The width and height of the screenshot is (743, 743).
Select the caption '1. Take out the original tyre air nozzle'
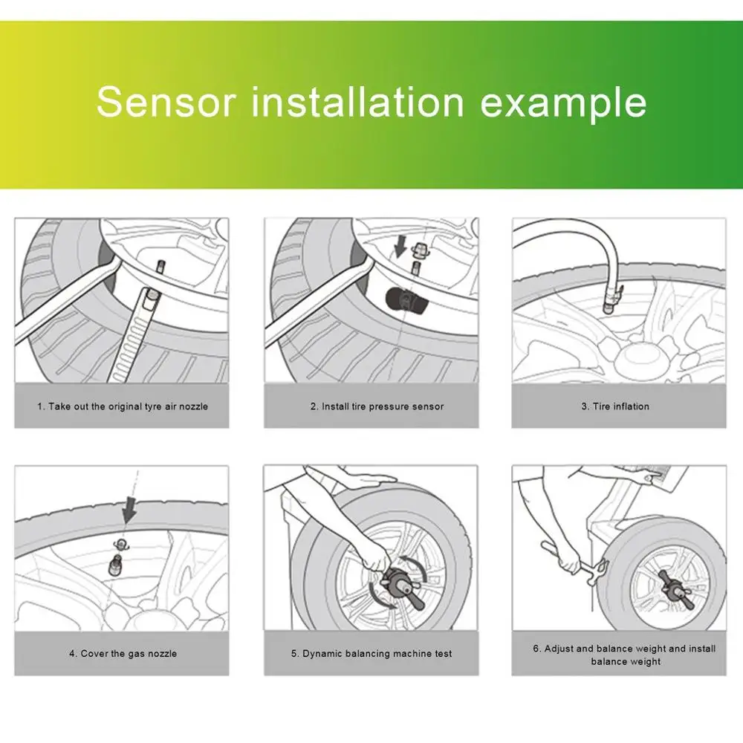point(123,406)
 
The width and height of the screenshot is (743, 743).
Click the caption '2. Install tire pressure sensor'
point(377,406)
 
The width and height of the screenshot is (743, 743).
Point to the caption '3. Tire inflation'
point(615,406)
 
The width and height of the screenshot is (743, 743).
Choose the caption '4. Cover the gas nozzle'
point(123,653)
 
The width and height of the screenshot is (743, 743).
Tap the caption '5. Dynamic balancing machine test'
point(371,653)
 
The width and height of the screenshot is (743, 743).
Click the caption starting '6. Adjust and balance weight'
point(625,655)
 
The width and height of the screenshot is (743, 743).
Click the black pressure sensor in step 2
point(400,299)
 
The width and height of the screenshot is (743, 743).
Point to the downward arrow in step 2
point(401,247)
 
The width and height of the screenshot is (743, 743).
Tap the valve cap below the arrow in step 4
point(121,544)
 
